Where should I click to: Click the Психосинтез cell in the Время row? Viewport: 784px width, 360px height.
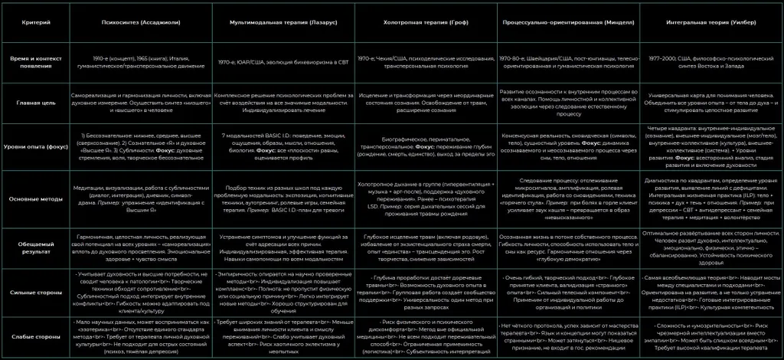[x=142, y=62]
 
